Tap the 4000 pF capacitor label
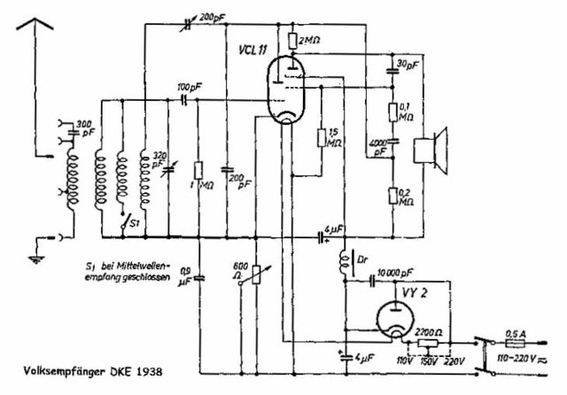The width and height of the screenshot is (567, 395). point(378,147)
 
